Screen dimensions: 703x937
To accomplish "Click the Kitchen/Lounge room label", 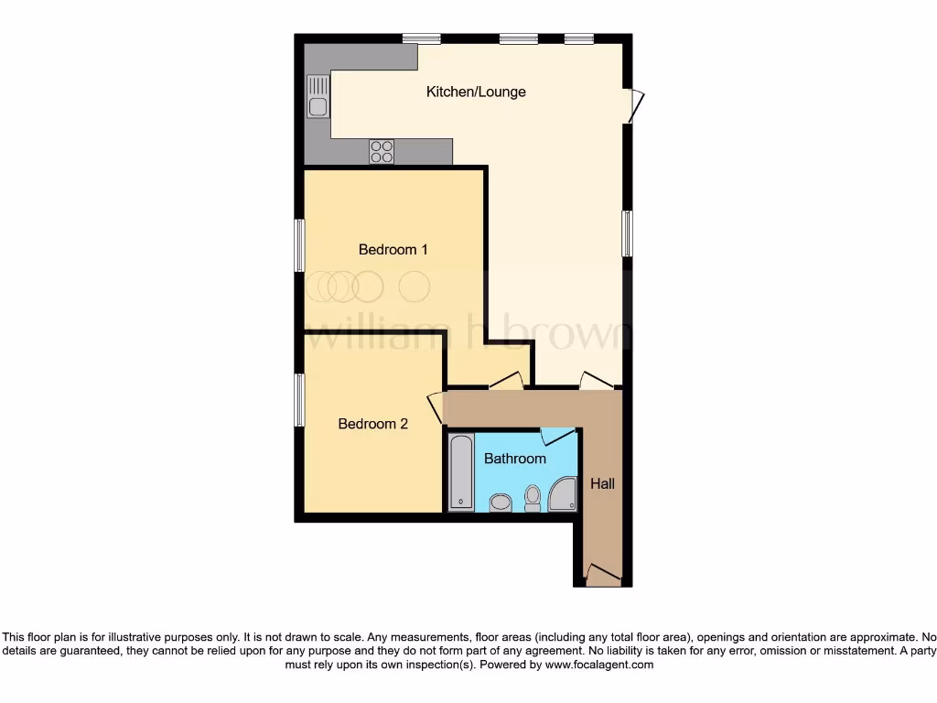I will pos(476,92).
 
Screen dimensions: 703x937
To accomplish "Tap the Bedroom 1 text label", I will pos(393,249).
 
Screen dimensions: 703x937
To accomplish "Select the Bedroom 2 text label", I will pos(372,424).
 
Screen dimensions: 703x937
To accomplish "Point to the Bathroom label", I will pos(514,459).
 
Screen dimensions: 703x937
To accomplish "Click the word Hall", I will pos(602,483).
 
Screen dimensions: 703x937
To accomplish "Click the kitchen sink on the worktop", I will pos(318,97).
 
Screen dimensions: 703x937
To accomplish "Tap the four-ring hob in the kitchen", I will pos(382,152).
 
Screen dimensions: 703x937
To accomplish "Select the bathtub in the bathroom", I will pos(461,472).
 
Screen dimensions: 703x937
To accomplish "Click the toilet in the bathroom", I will pos(533,498).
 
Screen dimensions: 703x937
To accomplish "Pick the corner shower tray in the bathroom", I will pos(563,494).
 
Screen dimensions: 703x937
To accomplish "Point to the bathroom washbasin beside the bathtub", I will pos(501,502).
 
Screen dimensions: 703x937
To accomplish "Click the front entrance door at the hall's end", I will pos(603,576).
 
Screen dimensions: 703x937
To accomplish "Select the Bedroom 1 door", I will pos(506,381).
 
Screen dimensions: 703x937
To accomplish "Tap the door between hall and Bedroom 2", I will pos(436,407).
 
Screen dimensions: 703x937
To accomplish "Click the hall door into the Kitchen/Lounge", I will pos(596,381).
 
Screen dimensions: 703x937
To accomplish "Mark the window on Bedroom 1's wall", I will pos(299,245).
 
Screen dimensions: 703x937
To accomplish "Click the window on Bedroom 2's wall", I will pos(299,400).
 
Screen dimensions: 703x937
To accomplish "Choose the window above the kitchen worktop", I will pos(421,38).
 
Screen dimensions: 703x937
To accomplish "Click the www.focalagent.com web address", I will pos(598,665).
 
